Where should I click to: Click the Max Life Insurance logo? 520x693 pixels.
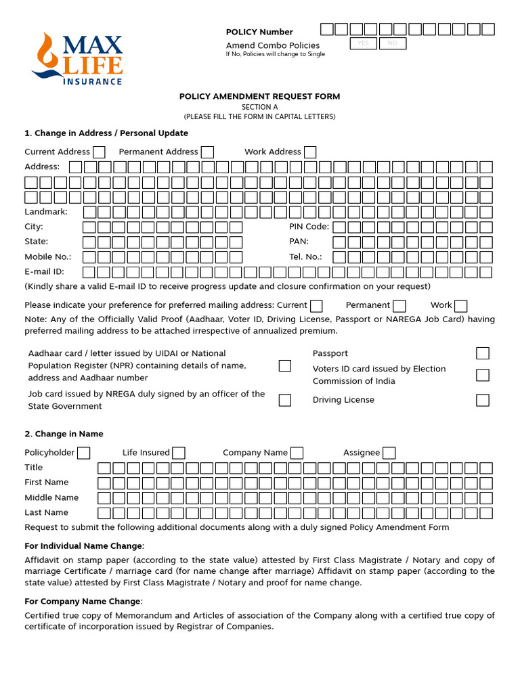click(77, 58)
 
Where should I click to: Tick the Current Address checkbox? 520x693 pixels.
click(99, 152)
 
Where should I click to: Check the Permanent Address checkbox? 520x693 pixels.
click(207, 152)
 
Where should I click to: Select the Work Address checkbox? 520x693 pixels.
click(310, 152)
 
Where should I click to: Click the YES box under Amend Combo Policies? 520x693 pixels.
click(363, 43)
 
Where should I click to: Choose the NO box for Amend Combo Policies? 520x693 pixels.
click(392, 43)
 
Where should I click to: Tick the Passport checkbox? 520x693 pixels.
click(482, 353)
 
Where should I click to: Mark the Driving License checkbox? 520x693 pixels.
click(482, 400)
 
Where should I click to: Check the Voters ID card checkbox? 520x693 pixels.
click(482, 375)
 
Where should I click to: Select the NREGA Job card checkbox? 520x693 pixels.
click(285, 400)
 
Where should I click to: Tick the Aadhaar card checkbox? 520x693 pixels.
click(285, 365)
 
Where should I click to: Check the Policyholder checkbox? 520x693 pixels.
click(84, 453)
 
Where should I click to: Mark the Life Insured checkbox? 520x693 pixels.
click(179, 453)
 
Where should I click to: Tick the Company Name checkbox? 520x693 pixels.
click(297, 453)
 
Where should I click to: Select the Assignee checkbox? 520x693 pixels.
click(389, 453)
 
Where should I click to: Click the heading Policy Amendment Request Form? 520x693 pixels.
click(259, 97)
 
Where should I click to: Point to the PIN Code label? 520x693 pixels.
click(309, 227)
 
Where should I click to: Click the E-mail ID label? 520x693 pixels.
click(44, 272)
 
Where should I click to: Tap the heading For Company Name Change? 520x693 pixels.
click(83, 601)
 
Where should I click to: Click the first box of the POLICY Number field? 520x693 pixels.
click(327, 29)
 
